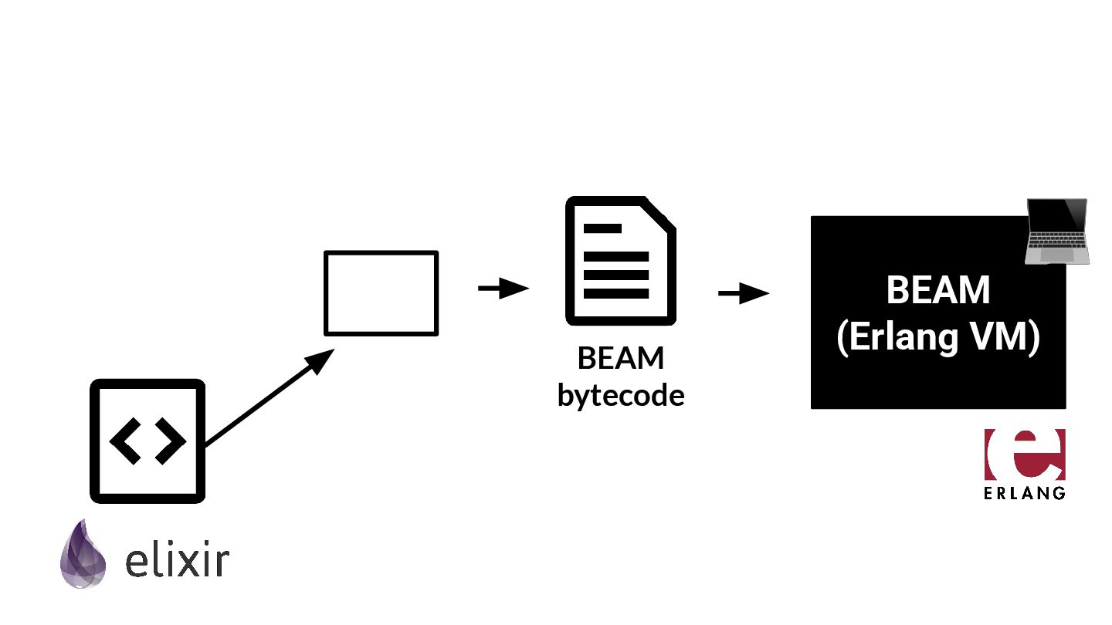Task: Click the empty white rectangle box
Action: tap(381, 293)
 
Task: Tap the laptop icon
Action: tap(1056, 231)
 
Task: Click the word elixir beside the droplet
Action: tap(177, 562)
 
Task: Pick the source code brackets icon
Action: tap(147, 441)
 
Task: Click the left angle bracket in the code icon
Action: tap(125, 441)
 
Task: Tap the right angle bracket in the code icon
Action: tap(171, 441)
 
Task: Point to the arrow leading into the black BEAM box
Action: tap(744, 293)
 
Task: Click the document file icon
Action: tap(620, 262)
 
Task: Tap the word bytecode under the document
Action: tap(621, 396)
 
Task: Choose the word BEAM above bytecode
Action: tap(621, 359)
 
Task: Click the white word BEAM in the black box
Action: tap(937, 291)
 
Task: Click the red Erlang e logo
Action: tap(1025, 454)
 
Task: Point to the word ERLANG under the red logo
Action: tap(1025, 492)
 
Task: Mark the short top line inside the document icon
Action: tap(603, 228)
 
